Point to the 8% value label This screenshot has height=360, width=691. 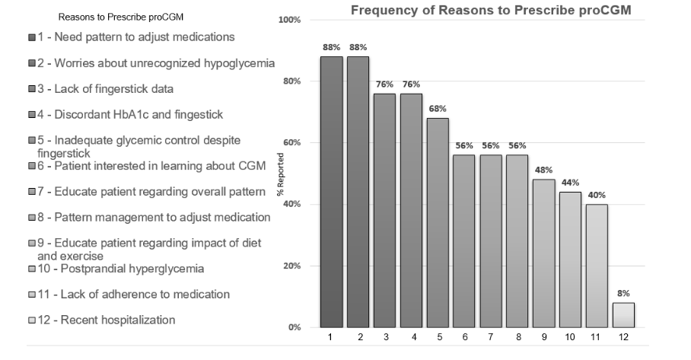pyautogui.click(x=624, y=293)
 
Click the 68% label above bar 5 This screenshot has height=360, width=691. pyautogui.click(x=438, y=108)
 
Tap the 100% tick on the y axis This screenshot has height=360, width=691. pyautogui.click(x=291, y=19)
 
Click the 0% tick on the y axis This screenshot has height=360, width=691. pyautogui.click(x=295, y=328)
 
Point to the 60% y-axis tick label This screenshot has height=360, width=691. pyautogui.click(x=293, y=143)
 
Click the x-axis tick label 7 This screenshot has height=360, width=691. pyautogui.click(x=491, y=336)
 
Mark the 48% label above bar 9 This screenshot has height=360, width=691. pyautogui.click(x=544, y=170)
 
